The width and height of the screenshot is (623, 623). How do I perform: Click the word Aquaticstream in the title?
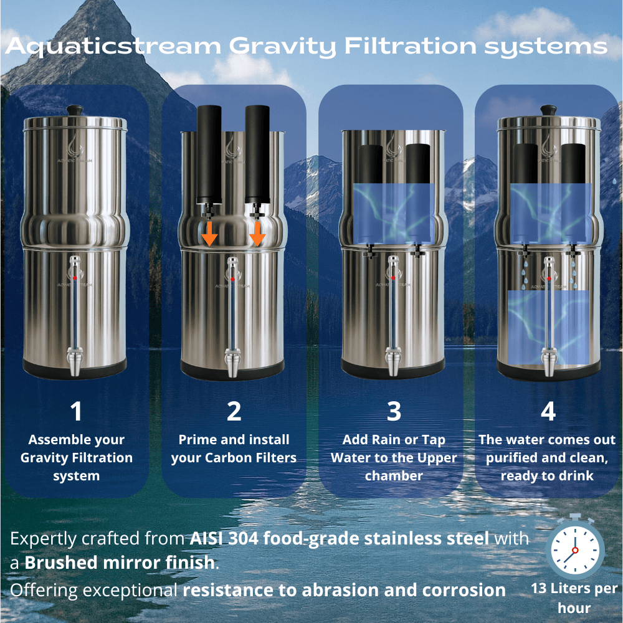[x=112, y=47]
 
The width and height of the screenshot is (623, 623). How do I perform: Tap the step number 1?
[x=76, y=412]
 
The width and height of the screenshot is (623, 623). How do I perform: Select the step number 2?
[x=234, y=412]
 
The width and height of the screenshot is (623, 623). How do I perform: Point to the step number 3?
[x=394, y=412]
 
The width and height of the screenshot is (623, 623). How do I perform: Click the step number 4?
[x=548, y=412]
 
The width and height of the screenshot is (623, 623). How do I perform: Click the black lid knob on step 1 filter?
[x=75, y=110]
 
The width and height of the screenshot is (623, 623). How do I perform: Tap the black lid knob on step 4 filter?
[x=548, y=110]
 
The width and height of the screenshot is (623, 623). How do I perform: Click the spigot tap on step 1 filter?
[x=75, y=364]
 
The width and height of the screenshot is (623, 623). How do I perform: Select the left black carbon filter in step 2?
[x=207, y=153]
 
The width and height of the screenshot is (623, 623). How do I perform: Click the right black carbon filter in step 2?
[x=257, y=153]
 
